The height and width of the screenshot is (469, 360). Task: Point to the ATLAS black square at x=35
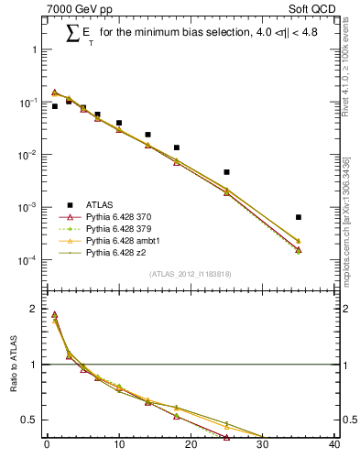[x=299, y=217]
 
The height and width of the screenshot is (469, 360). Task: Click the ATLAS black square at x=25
[x=226, y=172]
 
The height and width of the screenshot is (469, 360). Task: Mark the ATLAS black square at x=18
[x=177, y=147]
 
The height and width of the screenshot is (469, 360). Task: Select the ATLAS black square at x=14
[x=147, y=135]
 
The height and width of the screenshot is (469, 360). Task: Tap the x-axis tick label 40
[x=334, y=446]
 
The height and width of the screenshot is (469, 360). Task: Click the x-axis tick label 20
[x=191, y=446]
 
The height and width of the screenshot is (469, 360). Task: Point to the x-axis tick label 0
[x=47, y=446]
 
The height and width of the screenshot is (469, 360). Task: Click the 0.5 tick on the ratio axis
[x=34, y=420]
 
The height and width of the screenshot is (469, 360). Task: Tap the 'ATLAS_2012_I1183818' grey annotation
[x=191, y=274]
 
